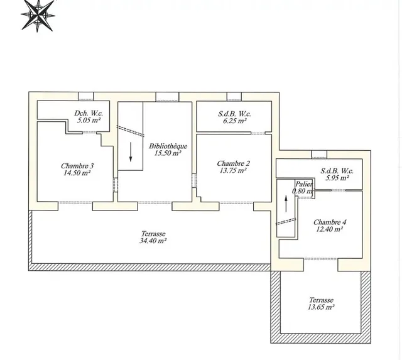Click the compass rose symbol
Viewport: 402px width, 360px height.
(x=38, y=15)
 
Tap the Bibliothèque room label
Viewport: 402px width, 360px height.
(x=168, y=146)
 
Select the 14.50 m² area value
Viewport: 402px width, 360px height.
(x=77, y=173)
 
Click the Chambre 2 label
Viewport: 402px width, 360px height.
(x=233, y=163)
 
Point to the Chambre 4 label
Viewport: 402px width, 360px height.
(x=330, y=222)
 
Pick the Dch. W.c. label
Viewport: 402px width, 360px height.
(x=89, y=113)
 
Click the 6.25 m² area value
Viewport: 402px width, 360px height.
(x=235, y=121)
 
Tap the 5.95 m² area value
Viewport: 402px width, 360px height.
(x=337, y=178)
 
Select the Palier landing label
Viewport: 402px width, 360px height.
(x=304, y=184)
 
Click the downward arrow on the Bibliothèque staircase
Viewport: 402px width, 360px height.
(x=131, y=152)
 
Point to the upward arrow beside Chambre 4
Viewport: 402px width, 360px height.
(x=286, y=204)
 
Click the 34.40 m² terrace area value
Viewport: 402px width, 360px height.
(x=153, y=241)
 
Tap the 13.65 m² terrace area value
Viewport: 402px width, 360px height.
(x=321, y=307)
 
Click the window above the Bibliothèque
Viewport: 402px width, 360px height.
(x=168, y=97)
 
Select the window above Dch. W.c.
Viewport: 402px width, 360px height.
(x=86, y=96)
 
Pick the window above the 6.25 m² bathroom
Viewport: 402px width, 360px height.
(x=234, y=97)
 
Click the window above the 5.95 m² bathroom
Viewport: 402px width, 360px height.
(x=319, y=155)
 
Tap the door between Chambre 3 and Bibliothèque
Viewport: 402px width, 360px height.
(x=116, y=185)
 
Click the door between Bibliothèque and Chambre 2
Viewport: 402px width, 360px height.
(x=194, y=180)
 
